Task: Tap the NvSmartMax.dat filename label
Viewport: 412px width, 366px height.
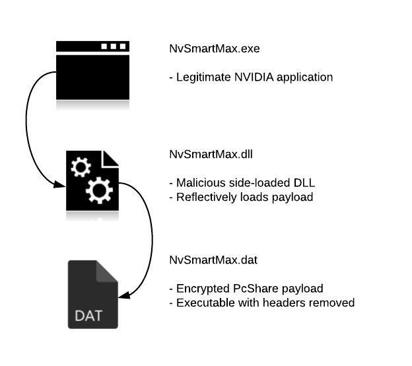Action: tap(205, 260)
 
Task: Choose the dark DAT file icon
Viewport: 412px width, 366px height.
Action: tap(93, 294)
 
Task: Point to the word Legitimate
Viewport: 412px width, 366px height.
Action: tap(199, 77)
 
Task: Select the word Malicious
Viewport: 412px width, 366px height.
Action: tap(196, 182)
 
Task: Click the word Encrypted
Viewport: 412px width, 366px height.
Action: tap(200, 289)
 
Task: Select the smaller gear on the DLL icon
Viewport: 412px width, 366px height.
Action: tap(80, 168)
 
